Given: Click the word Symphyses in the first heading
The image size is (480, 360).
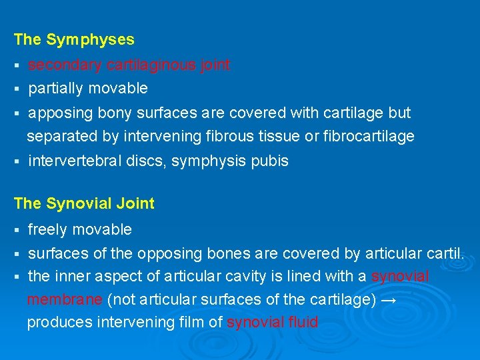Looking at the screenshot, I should pos(90,40).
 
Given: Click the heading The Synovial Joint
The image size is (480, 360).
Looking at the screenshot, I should pos(84,204).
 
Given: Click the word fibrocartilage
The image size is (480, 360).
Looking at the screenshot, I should pos(368,137).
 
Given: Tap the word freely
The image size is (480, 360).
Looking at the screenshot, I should pos(47,230).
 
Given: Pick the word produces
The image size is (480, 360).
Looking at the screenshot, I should pos(59,323).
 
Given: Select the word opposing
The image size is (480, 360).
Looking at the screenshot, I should pos(164,253).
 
